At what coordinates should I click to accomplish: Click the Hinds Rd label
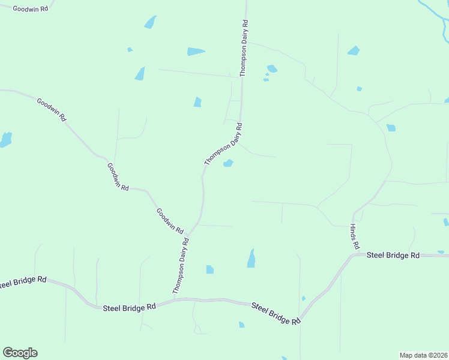[x=355, y=238]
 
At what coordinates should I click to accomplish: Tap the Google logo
[x=20, y=353]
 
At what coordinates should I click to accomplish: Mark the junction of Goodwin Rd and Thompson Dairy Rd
[x=188, y=235]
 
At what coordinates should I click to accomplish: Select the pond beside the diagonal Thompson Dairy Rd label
[x=228, y=163]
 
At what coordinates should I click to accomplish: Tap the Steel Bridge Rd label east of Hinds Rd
[x=393, y=255]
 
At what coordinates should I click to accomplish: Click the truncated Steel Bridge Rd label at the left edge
[x=23, y=281]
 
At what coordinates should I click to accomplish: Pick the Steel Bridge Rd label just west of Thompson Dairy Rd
[x=129, y=307]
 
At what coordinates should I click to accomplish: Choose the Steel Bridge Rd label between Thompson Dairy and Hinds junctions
[x=276, y=313]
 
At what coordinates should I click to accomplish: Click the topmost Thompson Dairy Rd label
[x=244, y=48]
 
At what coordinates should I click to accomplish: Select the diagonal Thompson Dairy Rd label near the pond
[x=223, y=145]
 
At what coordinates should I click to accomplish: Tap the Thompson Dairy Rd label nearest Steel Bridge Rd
[x=181, y=266]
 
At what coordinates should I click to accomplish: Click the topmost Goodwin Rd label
[x=30, y=10]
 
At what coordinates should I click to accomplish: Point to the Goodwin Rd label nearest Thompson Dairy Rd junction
[x=170, y=220]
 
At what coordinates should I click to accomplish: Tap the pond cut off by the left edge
[x=5, y=140]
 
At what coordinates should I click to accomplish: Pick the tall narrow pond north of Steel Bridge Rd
[x=251, y=259]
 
